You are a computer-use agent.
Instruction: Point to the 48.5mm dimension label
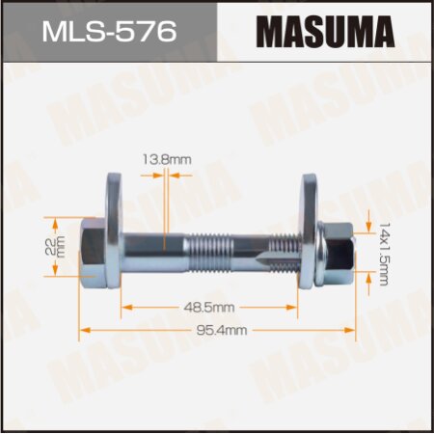tap(206, 307)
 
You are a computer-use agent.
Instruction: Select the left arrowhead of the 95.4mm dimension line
tap(83, 329)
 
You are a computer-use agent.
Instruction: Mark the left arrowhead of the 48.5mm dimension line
tap(126, 307)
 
